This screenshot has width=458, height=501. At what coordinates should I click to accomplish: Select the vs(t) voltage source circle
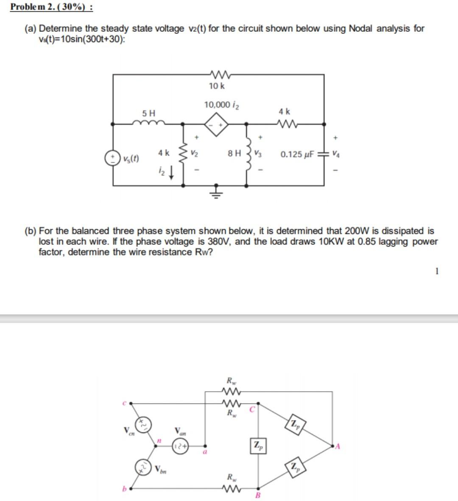113,158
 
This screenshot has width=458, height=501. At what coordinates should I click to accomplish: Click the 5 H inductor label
149,113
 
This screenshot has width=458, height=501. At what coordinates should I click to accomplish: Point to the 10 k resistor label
217,86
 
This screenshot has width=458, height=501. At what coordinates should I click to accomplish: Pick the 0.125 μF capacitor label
297,154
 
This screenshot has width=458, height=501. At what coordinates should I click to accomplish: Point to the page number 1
437,272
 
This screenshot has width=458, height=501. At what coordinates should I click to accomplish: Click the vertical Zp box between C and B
258,446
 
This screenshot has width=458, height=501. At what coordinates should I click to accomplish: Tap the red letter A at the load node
338,445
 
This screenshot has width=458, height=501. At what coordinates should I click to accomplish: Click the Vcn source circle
143,424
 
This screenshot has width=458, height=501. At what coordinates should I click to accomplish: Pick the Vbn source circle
143,468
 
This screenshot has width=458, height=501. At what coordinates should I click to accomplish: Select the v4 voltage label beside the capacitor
336,154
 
